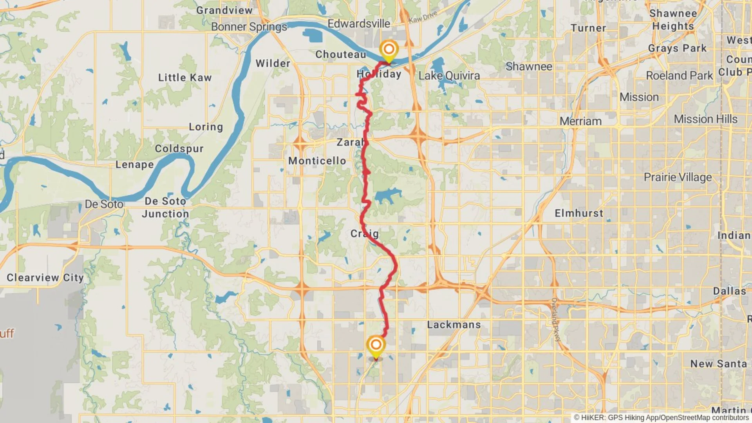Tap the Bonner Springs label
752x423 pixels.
point(249,27)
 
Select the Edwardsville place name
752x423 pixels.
point(359,24)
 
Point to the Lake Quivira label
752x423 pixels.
point(449,76)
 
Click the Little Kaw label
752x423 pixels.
point(185,78)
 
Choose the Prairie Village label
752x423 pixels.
point(678,177)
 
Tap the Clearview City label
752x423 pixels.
point(45,278)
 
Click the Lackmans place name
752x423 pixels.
point(454,325)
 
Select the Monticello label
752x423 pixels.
point(317,161)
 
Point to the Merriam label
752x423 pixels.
point(580,121)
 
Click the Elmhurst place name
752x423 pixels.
point(579,213)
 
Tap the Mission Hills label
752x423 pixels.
point(705,119)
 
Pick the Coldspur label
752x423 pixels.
point(179,149)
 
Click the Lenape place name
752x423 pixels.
point(134,164)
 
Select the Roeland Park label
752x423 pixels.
point(679,76)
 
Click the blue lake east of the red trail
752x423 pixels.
point(388,195)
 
